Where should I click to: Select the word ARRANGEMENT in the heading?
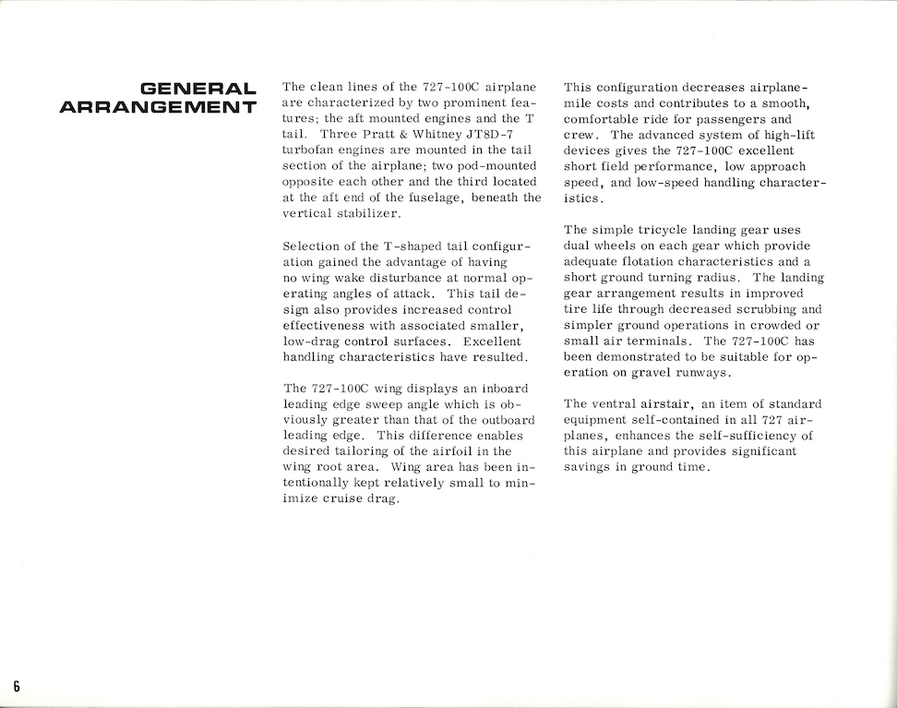pos(158,109)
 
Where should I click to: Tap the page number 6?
pos(17,685)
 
